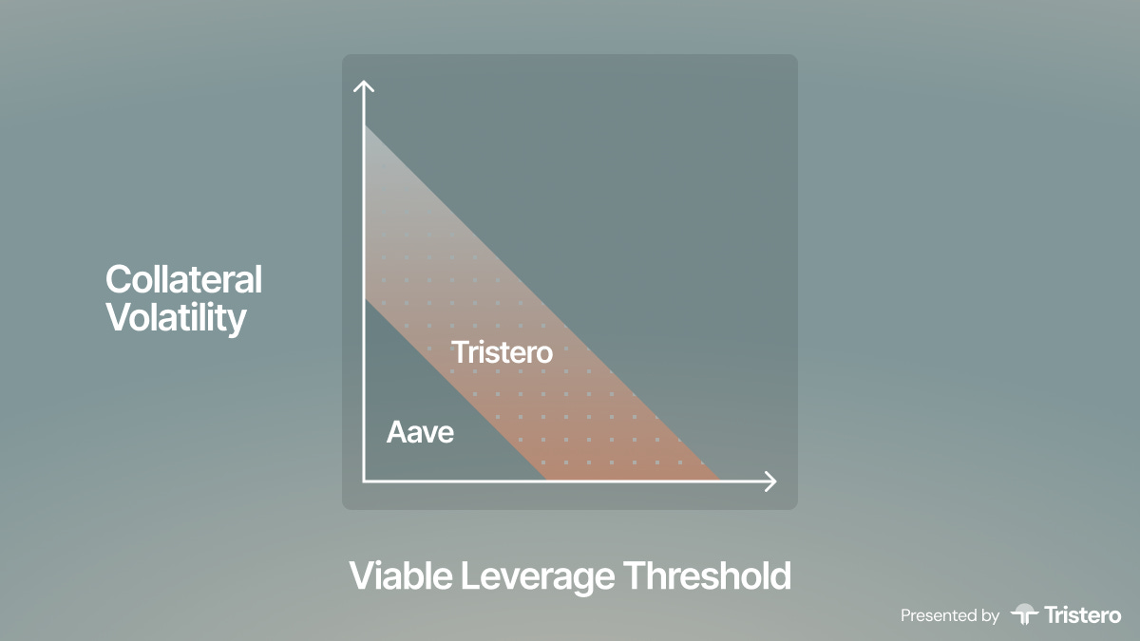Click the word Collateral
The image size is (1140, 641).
(183, 279)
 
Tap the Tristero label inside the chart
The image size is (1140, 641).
(502, 352)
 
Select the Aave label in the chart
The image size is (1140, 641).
(420, 432)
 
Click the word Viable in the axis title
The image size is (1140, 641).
(401, 575)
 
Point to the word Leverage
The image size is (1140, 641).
(538, 577)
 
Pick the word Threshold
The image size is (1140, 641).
(708, 575)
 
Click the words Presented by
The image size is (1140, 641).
(950, 615)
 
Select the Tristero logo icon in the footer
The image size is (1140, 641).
(1024, 613)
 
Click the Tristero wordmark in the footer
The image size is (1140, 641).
(1082, 615)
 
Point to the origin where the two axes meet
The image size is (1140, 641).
(364, 481)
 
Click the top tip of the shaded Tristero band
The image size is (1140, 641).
(366, 126)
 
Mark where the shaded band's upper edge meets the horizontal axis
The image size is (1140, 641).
(719, 480)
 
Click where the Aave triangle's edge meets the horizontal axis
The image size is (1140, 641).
(546, 480)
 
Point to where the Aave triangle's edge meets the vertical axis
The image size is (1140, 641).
(366, 300)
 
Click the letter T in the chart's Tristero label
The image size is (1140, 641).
(460, 352)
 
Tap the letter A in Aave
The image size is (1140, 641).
(397, 432)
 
